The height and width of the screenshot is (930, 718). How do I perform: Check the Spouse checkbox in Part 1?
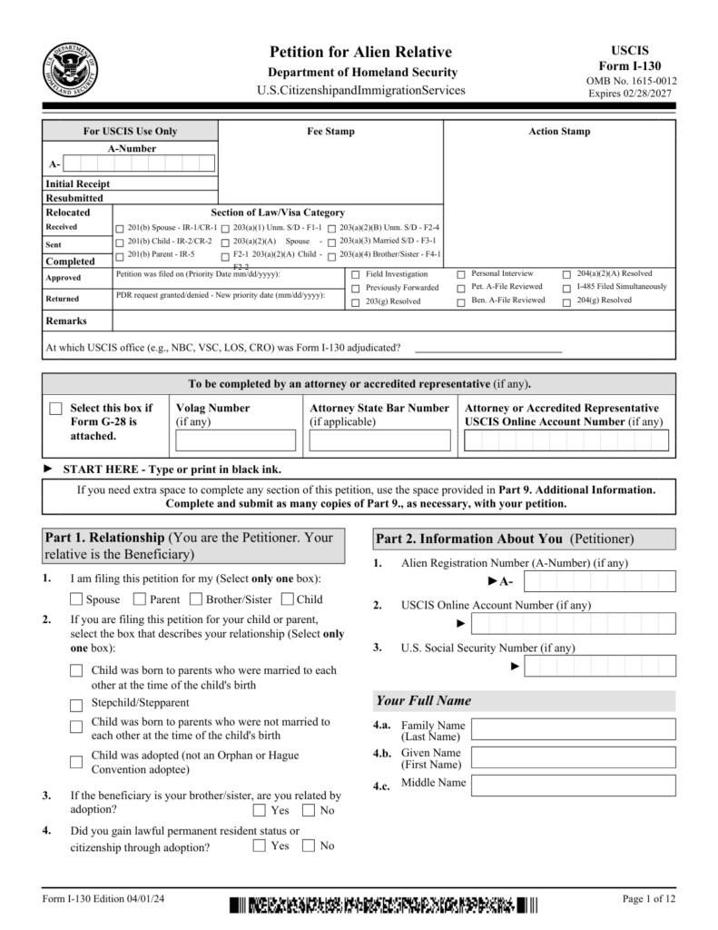(x=76, y=599)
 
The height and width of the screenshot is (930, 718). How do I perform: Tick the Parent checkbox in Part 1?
(x=140, y=599)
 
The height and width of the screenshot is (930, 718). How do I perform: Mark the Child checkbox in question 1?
(x=287, y=599)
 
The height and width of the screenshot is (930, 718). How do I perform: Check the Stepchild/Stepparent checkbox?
(x=76, y=704)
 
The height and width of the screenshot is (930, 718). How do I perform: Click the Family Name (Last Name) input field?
(x=573, y=730)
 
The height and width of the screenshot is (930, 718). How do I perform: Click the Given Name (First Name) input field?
(x=573, y=758)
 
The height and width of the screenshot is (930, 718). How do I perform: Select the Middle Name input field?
(x=573, y=786)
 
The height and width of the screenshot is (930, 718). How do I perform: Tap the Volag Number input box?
(x=235, y=440)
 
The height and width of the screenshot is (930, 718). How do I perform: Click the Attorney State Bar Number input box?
(x=379, y=440)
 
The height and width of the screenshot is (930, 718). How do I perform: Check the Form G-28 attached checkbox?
(x=56, y=410)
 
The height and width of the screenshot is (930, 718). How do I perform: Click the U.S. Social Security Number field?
(x=600, y=666)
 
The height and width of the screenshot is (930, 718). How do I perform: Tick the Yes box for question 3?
(x=260, y=810)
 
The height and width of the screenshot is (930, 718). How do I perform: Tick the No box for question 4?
(x=309, y=846)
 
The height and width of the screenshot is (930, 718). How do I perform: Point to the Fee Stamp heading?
(x=330, y=132)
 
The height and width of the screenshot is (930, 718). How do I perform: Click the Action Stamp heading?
(x=559, y=132)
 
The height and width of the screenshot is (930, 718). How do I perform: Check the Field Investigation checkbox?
(x=355, y=274)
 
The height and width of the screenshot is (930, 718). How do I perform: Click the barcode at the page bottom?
(x=383, y=905)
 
